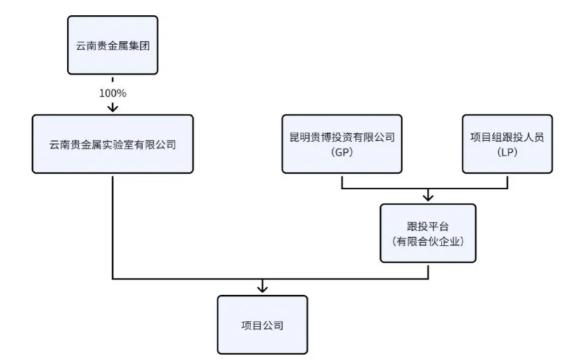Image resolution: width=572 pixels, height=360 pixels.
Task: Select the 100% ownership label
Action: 112,91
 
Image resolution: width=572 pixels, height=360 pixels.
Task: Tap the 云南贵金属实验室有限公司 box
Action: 112,144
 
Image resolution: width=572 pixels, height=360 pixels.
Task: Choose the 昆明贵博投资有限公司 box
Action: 342,144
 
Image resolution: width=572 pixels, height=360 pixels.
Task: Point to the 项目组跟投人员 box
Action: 507,144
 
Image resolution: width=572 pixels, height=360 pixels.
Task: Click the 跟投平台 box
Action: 428,233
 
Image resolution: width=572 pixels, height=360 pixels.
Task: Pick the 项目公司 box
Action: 262,325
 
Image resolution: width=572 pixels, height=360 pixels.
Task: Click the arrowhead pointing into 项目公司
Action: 262,287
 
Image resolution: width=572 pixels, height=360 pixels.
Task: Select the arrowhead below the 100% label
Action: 112,107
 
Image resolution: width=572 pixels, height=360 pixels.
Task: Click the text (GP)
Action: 342,152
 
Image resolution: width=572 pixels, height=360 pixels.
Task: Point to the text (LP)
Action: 507,152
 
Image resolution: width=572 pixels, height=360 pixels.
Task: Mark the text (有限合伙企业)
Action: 428,241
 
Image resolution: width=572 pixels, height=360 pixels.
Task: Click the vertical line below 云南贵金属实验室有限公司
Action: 112,223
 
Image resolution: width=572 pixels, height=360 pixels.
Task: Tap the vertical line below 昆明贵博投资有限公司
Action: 342,181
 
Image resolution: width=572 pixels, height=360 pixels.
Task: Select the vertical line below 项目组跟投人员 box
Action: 507,181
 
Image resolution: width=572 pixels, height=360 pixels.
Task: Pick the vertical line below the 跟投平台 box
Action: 428,271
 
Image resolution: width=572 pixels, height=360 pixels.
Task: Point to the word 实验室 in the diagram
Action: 121,144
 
